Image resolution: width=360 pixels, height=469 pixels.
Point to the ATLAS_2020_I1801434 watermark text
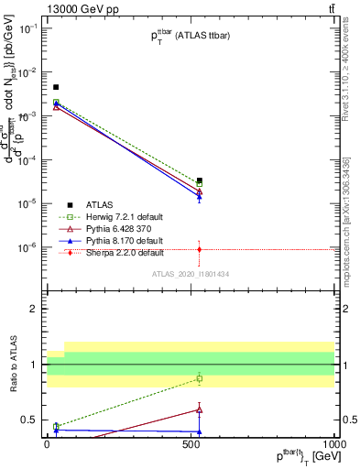[x=190, y=274]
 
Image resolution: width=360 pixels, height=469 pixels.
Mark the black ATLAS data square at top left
[x=56, y=87]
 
